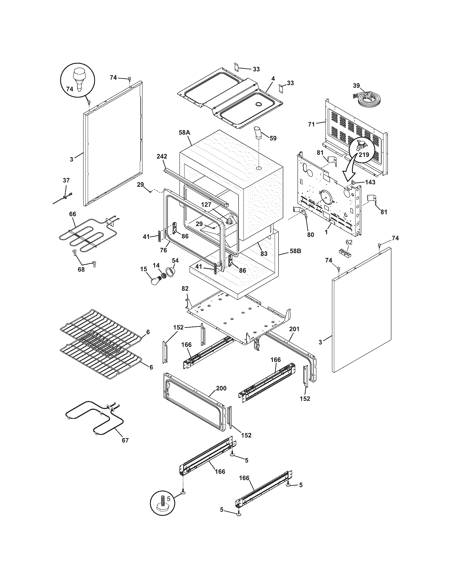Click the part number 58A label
click(x=184, y=132)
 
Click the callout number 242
click(x=162, y=156)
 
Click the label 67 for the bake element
click(x=125, y=440)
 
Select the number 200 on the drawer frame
click(x=221, y=388)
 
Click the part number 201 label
click(x=294, y=329)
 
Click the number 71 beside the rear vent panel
click(x=311, y=124)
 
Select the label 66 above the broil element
click(x=73, y=214)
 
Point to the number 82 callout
click(x=185, y=289)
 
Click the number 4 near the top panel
click(x=273, y=79)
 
